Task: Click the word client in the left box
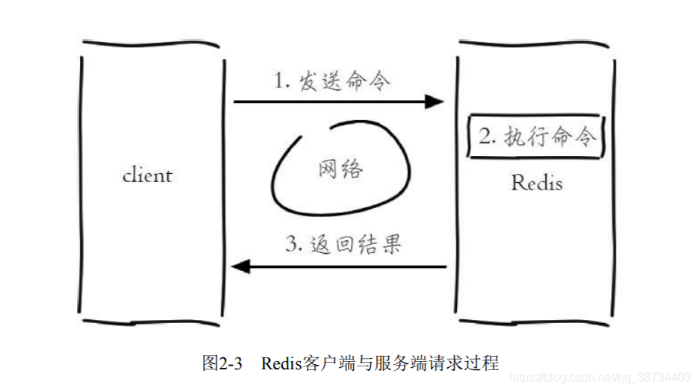147,175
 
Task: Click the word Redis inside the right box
536,182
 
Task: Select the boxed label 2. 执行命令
535,137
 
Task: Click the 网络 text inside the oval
340,169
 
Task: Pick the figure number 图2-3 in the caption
222,363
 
